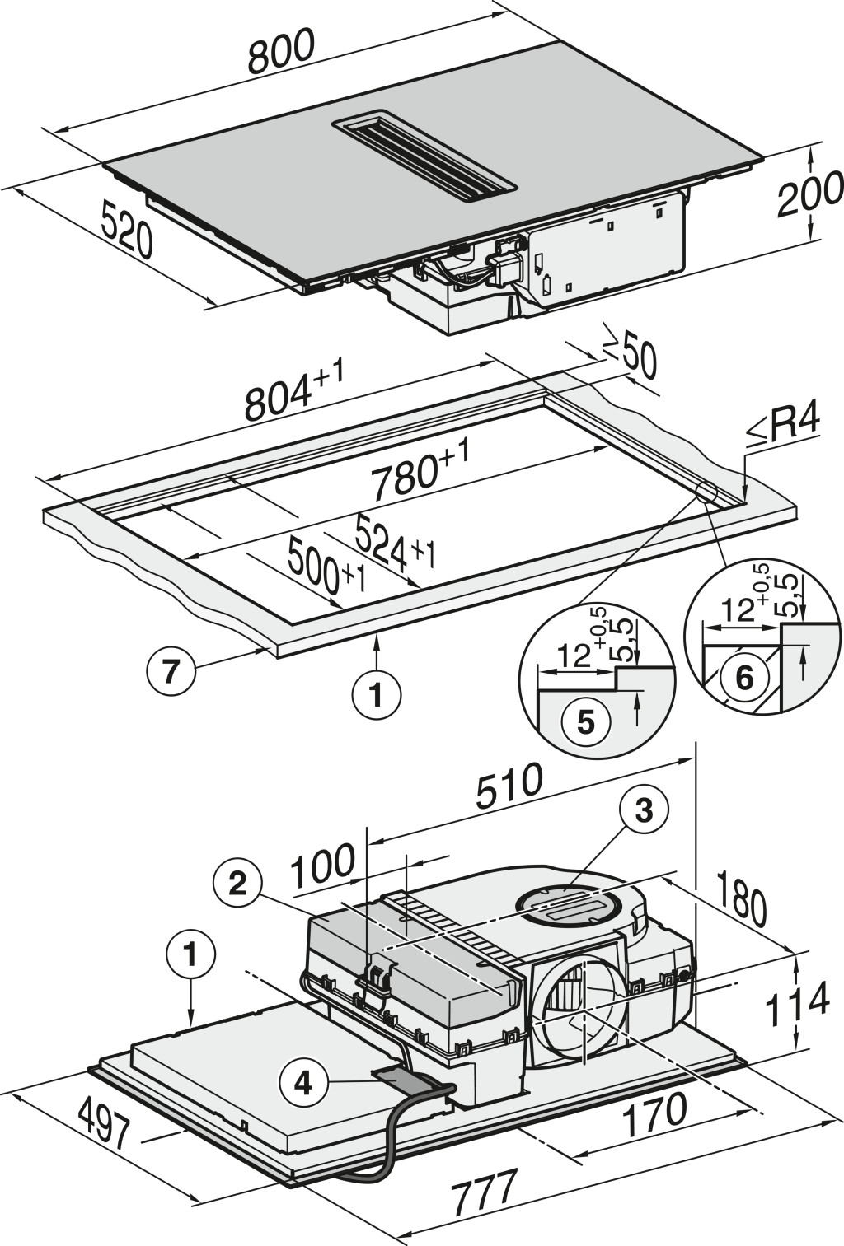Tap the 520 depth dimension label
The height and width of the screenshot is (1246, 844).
coord(127,231)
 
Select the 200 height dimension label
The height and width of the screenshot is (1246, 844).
coord(809,194)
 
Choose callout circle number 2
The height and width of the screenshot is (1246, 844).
coord(237,884)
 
